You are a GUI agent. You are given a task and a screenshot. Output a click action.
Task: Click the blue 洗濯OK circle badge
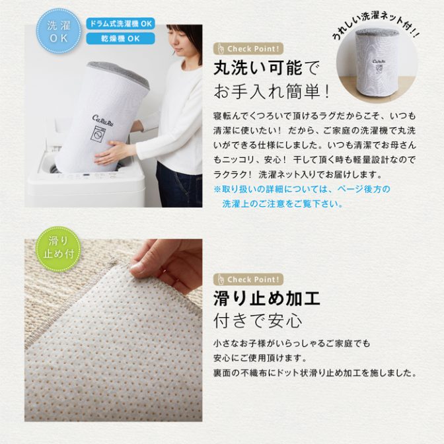tap(59, 31)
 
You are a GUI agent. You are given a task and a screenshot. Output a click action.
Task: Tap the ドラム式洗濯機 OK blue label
tap(121, 24)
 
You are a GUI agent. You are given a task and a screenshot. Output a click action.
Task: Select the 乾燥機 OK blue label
tap(121, 38)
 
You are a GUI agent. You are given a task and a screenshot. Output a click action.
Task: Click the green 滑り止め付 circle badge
tap(58, 249)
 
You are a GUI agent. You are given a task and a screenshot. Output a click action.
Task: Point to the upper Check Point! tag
tap(248, 49)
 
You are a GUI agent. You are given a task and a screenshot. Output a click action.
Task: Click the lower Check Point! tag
tap(248, 279)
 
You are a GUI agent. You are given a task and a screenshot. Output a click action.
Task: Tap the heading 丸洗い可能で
tap(266, 68)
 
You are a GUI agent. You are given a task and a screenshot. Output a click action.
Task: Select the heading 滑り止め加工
tap(267, 299)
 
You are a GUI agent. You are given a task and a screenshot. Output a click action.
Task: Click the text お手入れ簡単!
tap(272, 91)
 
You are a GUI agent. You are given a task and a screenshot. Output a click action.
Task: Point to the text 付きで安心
tap(258, 321)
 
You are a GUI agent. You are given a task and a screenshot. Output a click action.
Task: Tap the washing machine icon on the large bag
tap(98, 133)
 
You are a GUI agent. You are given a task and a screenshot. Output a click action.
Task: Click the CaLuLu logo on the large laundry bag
tap(103, 120)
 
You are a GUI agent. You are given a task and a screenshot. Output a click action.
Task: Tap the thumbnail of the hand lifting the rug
tap(113, 330)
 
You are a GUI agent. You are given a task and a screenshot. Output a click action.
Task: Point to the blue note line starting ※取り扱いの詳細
tap(302, 189)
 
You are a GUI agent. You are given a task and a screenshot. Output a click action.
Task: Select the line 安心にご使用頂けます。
tap(260, 358)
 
